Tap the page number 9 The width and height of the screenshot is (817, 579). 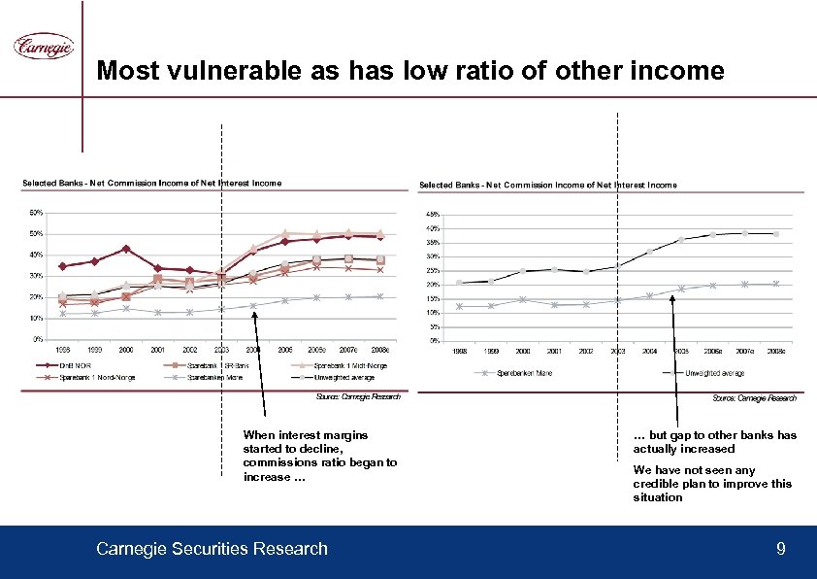pos(781,550)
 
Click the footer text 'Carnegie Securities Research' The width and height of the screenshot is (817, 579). pos(212,550)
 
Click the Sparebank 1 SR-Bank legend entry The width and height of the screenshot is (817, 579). pos(215,366)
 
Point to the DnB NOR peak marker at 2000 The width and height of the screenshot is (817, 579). pos(126,249)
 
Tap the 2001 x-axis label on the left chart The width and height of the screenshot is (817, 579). pos(158,349)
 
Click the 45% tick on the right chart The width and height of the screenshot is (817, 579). pos(434,215)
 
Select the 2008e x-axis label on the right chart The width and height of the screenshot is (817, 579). pos(776,350)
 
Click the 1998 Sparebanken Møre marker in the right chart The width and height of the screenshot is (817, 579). pos(460,306)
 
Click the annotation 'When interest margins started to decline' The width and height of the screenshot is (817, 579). pos(307,442)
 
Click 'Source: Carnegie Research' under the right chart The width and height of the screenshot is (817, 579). pos(755,398)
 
